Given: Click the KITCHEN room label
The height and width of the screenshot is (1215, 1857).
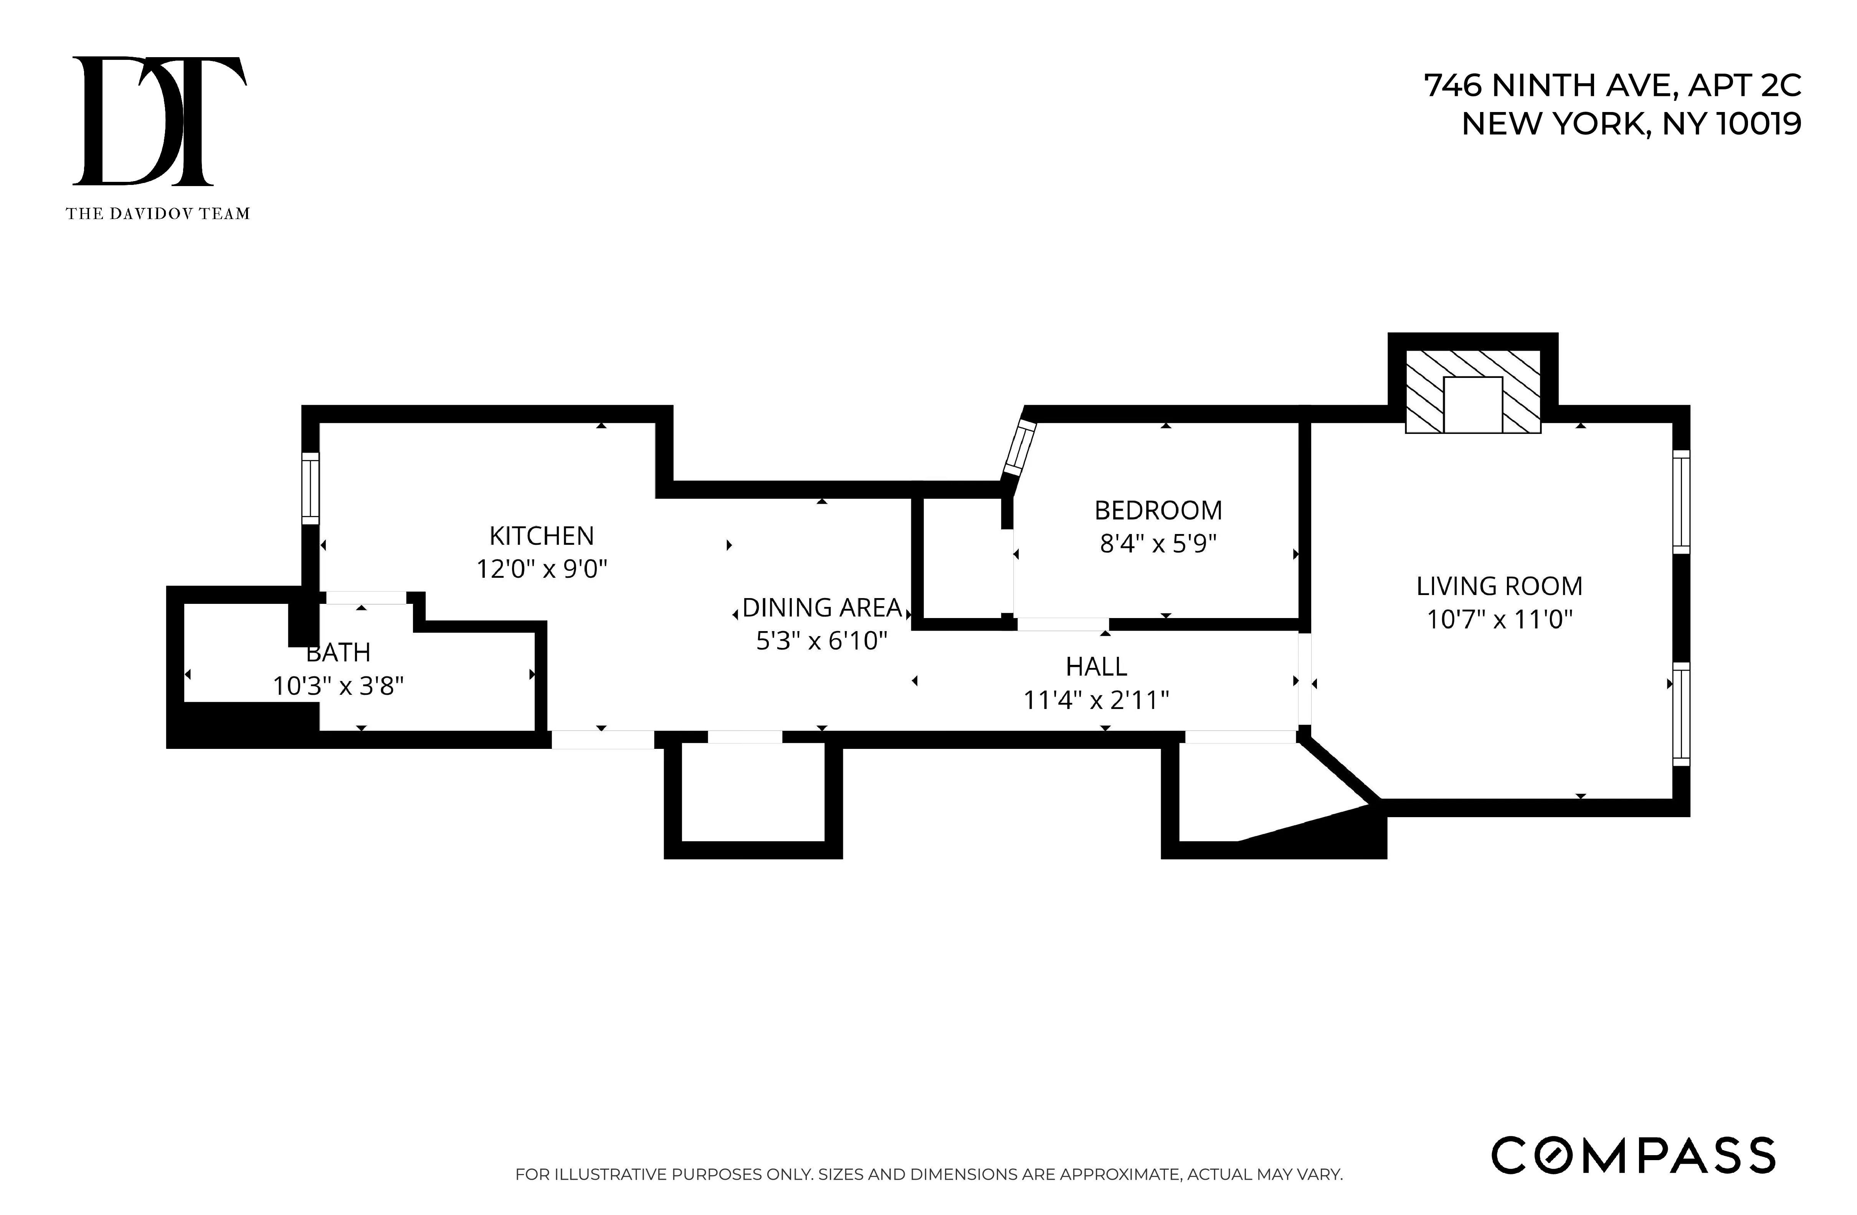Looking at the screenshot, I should (542, 536).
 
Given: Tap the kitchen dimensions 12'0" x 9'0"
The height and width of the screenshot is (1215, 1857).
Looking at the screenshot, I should (542, 569).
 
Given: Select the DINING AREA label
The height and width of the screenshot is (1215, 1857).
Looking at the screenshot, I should (822, 608).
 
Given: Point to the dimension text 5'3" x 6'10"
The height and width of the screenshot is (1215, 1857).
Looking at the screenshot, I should (822, 641).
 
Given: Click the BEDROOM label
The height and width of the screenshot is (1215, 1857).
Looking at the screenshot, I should (1158, 510).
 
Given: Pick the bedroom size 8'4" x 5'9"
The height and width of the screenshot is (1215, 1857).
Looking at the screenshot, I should (1158, 544).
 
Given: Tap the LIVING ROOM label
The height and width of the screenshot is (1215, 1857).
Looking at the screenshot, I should (1499, 586).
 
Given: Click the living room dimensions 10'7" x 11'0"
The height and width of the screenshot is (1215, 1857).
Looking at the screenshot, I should (1499, 619).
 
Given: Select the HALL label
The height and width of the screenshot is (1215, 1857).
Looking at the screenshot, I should (1096, 667).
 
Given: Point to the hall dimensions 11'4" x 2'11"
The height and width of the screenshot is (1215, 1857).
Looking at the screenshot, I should (1096, 700).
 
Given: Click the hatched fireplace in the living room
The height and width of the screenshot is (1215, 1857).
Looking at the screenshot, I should (1472, 391).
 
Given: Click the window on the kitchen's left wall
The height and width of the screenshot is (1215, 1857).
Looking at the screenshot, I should (311, 489).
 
